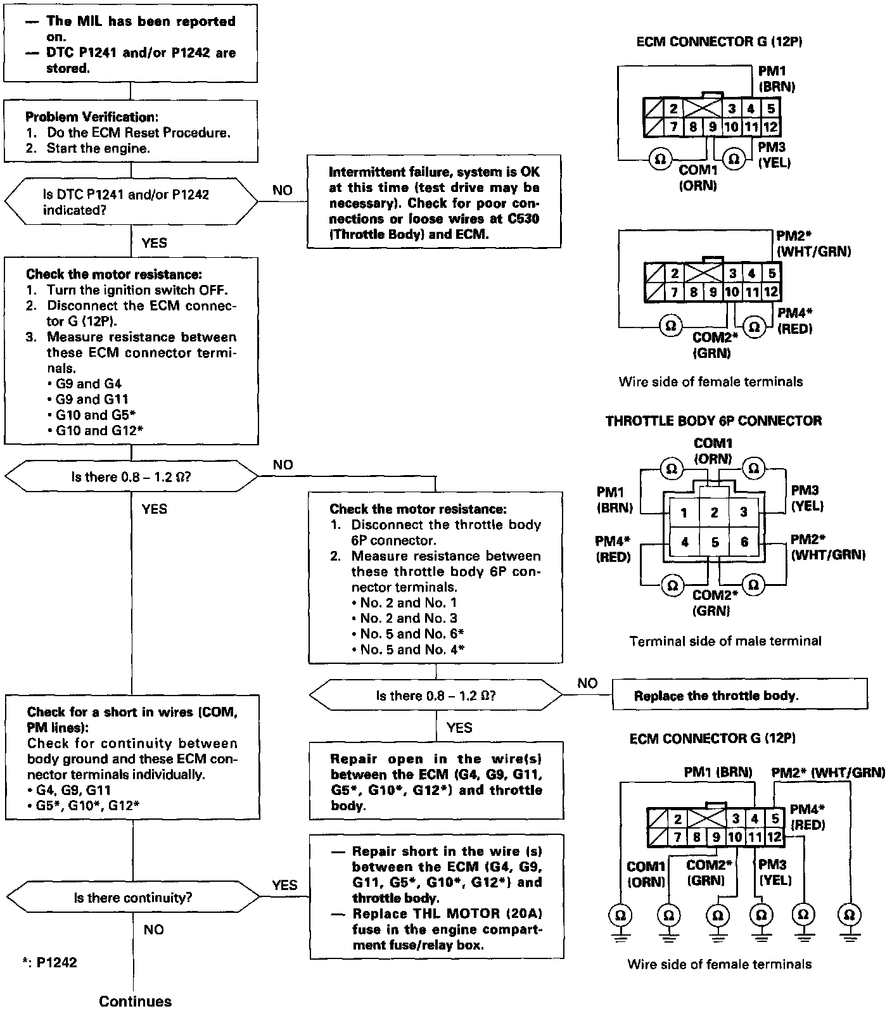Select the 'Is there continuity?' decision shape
click(x=133, y=897)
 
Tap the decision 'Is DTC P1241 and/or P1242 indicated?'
click(x=131, y=202)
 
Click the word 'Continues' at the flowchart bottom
click(x=135, y=1000)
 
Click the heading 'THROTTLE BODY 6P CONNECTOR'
click(x=713, y=421)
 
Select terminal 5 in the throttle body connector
click(x=714, y=542)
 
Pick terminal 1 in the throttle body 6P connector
click(x=684, y=512)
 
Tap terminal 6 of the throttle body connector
click(x=744, y=542)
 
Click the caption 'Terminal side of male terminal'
click(x=725, y=641)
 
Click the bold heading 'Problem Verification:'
click(x=91, y=117)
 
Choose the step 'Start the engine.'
click(x=98, y=148)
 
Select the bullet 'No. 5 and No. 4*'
click(x=409, y=649)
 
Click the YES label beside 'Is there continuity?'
click(x=284, y=885)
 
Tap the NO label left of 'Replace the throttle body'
click(x=587, y=683)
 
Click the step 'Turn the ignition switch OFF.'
click(x=137, y=290)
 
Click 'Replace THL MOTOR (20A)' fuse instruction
click(x=447, y=913)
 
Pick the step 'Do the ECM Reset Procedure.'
click(x=137, y=133)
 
